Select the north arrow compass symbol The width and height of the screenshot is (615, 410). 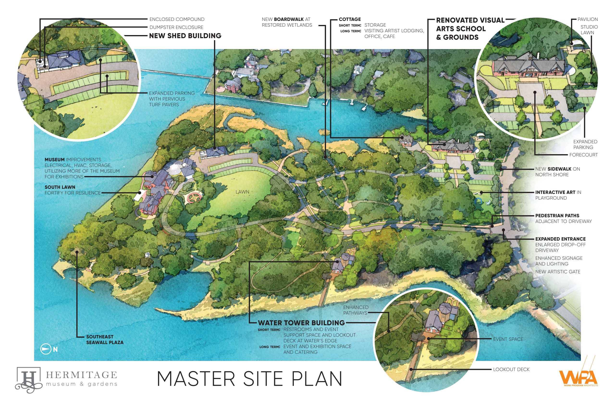[45, 349]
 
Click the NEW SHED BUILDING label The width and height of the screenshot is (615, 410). [185, 36]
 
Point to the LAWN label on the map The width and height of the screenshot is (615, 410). [242, 192]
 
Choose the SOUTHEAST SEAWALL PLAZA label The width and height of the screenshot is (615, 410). [105, 339]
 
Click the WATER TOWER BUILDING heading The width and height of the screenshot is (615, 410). [301, 323]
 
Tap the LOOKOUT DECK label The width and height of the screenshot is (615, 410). [511, 369]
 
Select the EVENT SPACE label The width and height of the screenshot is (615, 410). [508, 339]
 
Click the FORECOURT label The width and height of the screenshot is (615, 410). [583, 155]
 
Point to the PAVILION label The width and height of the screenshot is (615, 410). [588, 19]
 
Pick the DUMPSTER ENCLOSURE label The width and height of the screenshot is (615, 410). [176, 27]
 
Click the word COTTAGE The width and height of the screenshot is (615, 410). [350, 19]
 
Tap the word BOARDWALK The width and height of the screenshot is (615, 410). [289, 19]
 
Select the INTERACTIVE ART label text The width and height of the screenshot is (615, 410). [555, 192]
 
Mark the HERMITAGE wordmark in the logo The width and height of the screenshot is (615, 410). [82, 375]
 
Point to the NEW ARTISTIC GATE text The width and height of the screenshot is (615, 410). [558, 272]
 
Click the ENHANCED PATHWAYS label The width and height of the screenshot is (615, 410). [356, 310]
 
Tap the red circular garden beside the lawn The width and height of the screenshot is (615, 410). [195, 198]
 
